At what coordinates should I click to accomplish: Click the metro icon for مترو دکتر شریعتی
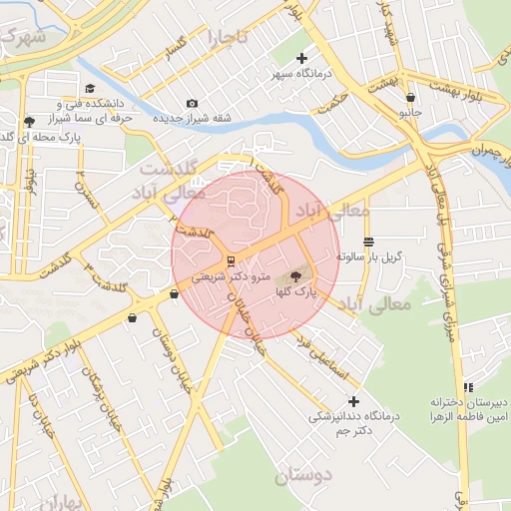(x=232, y=261)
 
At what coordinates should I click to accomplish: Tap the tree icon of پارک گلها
(x=295, y=276)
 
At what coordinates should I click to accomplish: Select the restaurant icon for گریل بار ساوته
(x=368, y=243)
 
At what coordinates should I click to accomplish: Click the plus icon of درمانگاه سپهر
(x=302, y=59)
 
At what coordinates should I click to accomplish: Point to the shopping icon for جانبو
(x=410, y=98)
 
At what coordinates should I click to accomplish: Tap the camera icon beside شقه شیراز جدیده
(x=192, y=103)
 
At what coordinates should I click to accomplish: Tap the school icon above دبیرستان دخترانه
(x=467, y=387)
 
